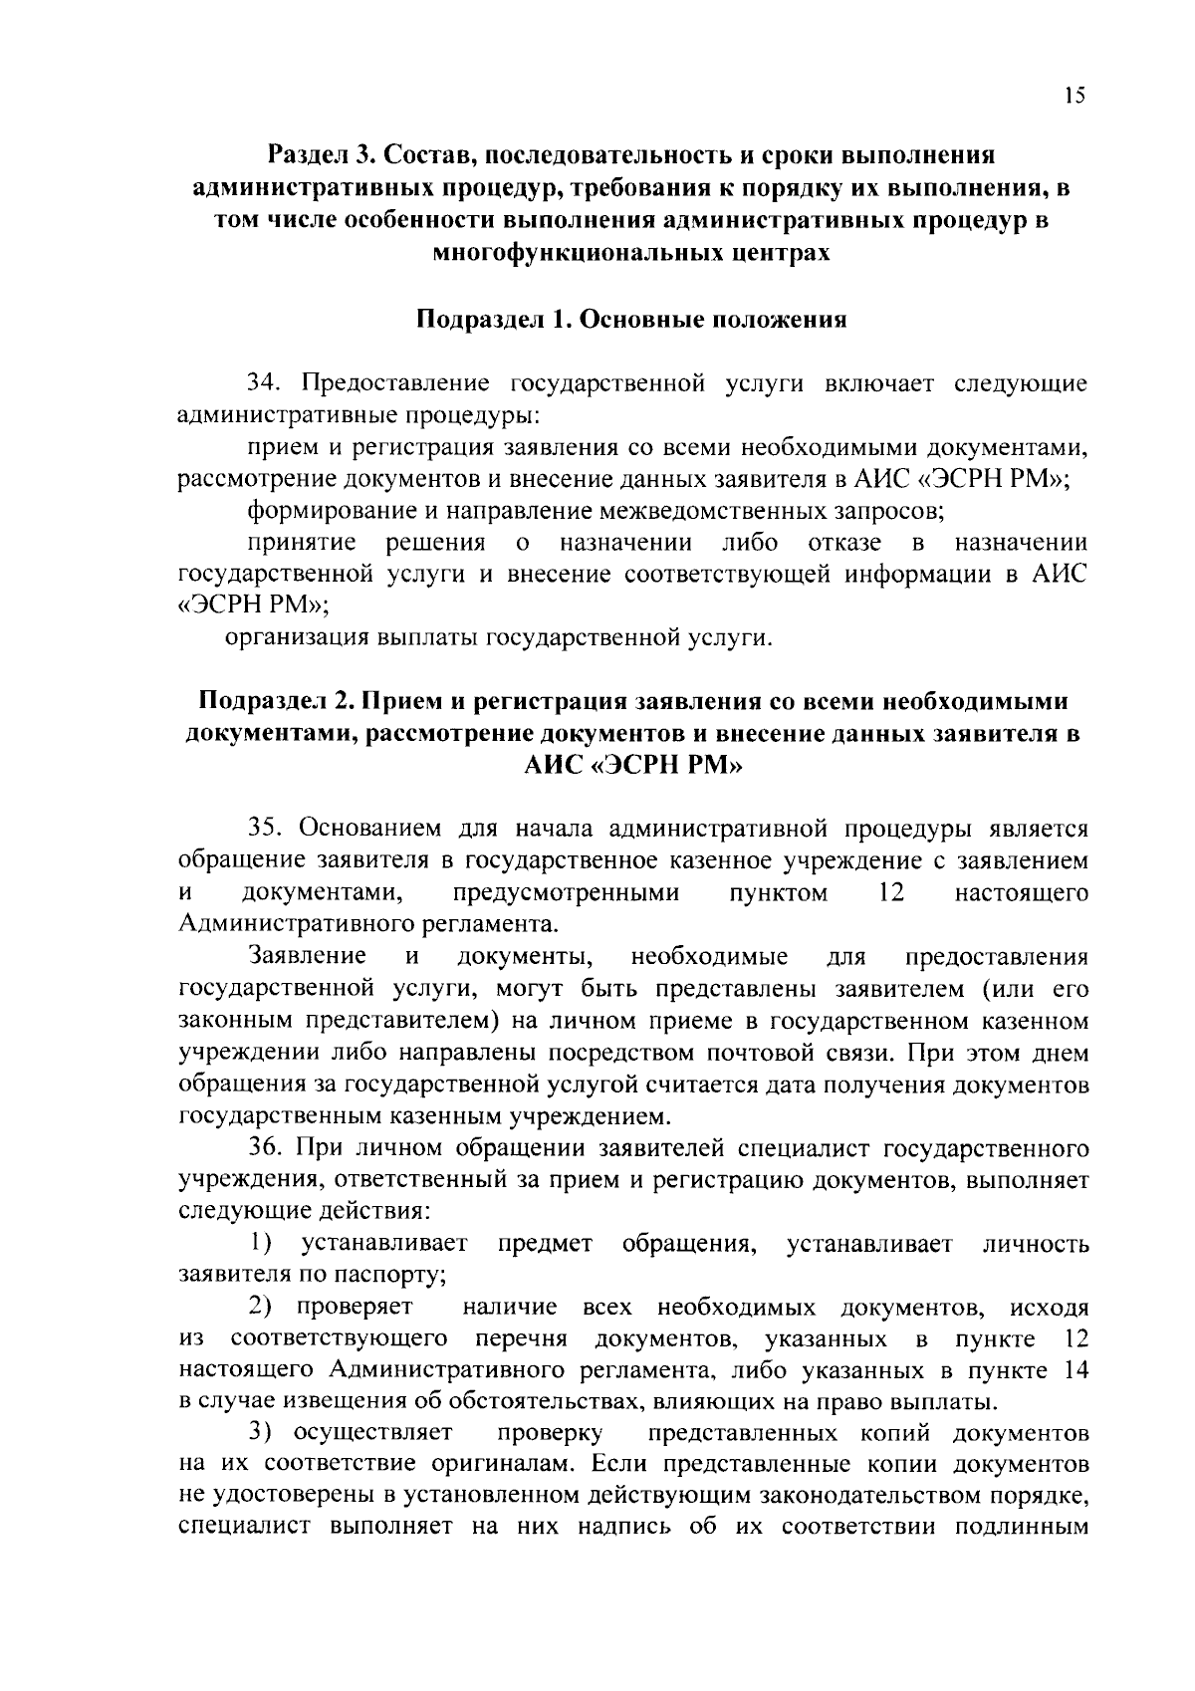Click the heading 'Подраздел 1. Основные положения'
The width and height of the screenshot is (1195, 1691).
click(x=630, y=320)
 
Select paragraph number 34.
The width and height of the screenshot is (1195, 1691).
click(x=267, y=382)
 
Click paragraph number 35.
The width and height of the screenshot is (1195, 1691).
click(x=267, y=829)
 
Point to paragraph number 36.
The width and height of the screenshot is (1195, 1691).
click(x=267, y=1148)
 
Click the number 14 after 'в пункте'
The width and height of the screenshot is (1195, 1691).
click(x=1075, y=1370)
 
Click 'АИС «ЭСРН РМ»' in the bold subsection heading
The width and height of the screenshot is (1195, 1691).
click(x=632, y=766)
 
